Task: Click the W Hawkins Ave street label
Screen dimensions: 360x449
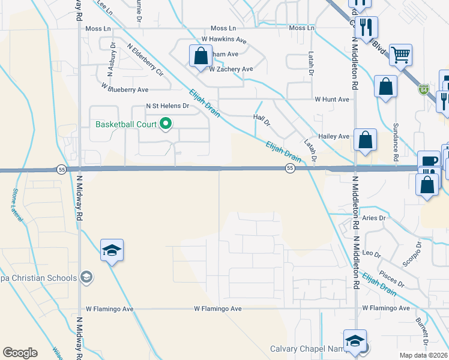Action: tap(224, 40)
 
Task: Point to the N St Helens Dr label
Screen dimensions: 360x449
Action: tap(167, 106)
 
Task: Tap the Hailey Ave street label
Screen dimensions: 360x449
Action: tap(334, 137)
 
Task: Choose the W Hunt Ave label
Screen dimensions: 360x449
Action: tap(332, 99)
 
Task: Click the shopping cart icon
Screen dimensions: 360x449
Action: tap(400, 55)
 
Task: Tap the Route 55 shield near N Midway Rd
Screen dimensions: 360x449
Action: tap(61, 169)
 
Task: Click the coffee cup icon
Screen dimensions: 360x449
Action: tap(429, 161)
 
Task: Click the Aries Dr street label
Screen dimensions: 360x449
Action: tap(373, 218)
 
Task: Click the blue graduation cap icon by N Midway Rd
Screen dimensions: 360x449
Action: tap(112, 250)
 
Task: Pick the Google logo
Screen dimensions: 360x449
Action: tap(20, 353)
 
